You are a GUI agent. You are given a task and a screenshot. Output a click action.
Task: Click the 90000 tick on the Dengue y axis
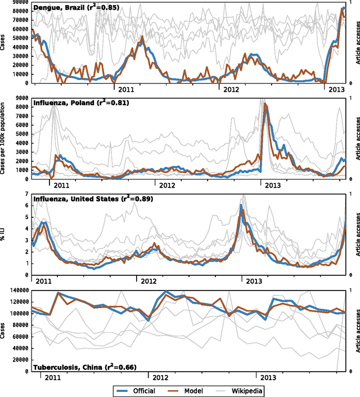(21, 3)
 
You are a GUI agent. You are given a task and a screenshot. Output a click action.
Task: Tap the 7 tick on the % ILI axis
(27, 194)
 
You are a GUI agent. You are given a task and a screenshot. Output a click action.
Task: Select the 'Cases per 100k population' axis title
(4, 139)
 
